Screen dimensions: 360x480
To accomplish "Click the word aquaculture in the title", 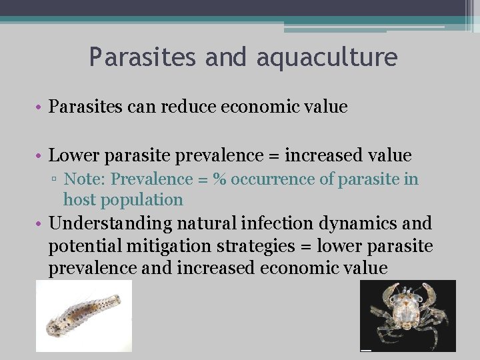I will click(327, 57).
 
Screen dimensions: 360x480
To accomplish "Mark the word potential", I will click(79, 246).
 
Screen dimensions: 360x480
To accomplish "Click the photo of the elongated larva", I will click(83, 316).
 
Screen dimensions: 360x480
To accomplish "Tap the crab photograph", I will click(407, 315).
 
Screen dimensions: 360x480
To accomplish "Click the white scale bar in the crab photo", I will click(365, 349).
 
